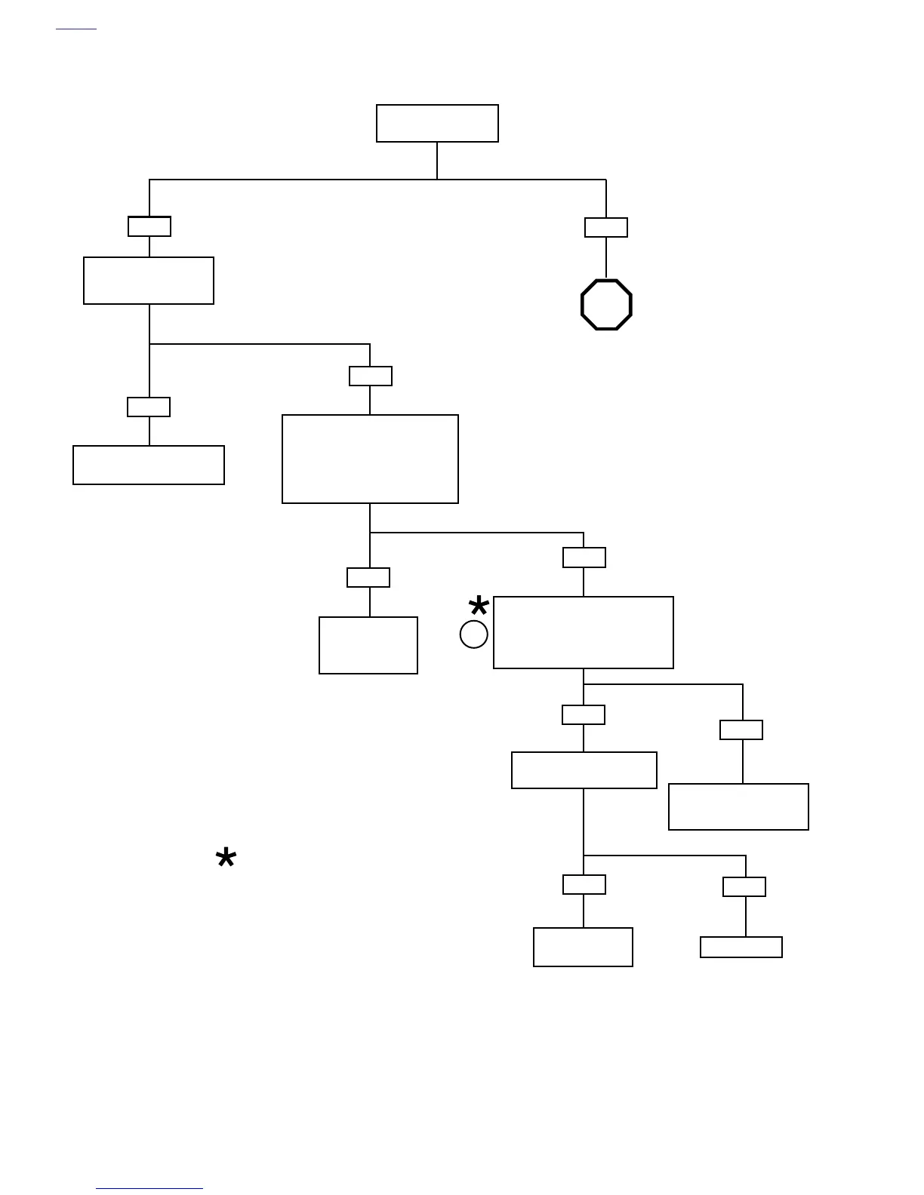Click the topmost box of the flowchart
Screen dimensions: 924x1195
[437, 123]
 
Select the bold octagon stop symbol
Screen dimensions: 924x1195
[606, 305]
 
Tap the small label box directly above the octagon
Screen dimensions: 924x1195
[606, 227]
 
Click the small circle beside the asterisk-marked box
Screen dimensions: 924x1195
[474, 634]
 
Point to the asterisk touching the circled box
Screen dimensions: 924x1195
[479, 607]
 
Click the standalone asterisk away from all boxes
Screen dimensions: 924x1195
[226, 859]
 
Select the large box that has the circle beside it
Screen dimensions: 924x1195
[583, 632]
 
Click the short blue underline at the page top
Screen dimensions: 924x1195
[76, 29]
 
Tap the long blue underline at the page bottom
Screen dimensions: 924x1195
[149, 1189]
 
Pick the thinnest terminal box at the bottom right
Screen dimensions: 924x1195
[741, 947]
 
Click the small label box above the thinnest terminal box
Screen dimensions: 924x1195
[744, 886]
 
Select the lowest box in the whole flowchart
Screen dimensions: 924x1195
[583, 947]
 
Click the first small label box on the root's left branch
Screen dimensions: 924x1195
[149, 226]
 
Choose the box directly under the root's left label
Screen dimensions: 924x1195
[149, 281]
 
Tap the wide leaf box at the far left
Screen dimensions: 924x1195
[149, 465]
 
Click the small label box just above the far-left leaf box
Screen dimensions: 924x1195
[149, 407]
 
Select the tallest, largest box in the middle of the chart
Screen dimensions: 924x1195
[370, 459]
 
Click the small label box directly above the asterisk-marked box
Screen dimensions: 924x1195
[584, 558]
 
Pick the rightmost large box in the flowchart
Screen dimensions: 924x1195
[738, 806]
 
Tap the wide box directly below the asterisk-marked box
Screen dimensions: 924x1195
[584, 770]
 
